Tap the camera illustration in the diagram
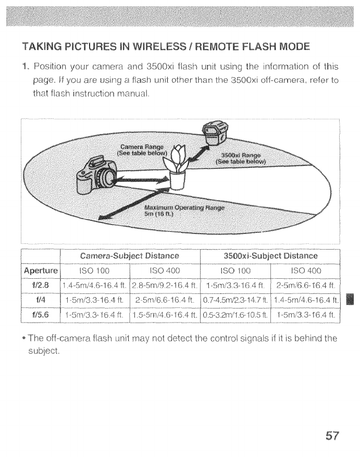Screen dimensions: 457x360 click(x=96, y=175)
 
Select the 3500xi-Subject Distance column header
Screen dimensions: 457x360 click(x=270, y=256)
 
